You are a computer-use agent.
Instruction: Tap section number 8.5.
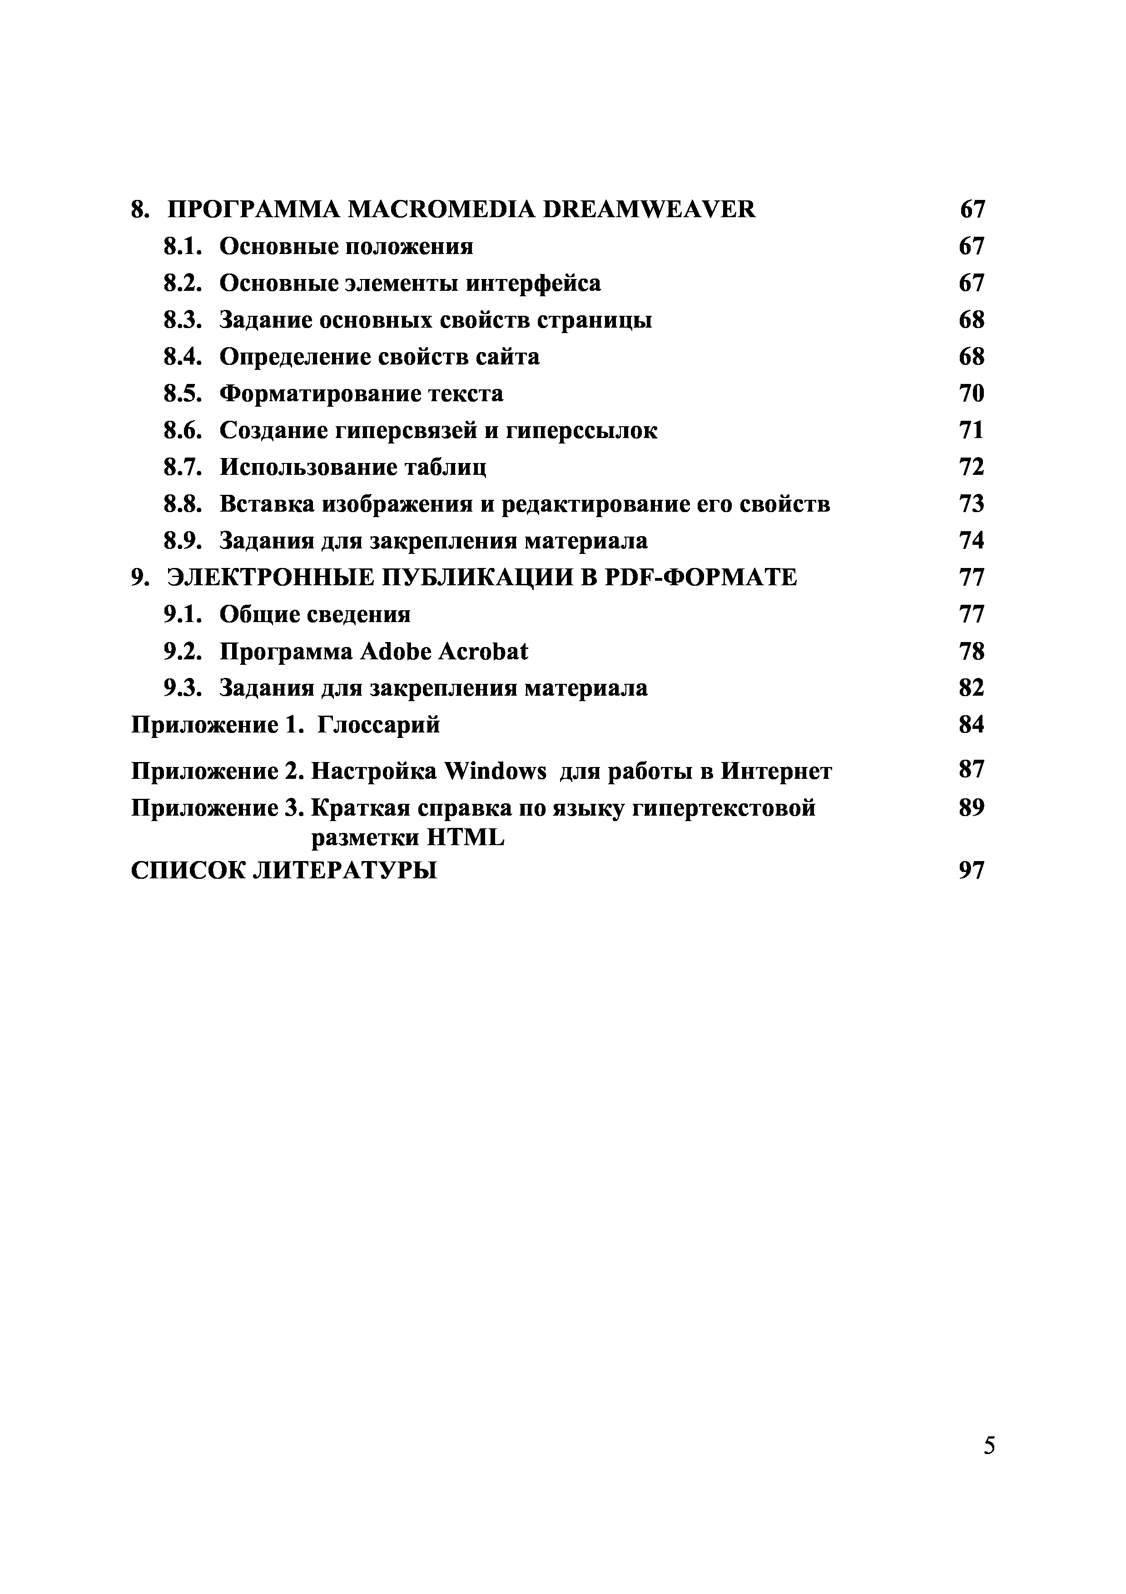(183, 394)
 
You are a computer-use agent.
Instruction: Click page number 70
(971, 394)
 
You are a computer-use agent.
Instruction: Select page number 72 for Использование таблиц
(971, 467)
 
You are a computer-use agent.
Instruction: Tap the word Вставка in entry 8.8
(267, 504)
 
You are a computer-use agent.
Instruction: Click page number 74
(971, 541)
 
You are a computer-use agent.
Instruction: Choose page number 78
(971, 651)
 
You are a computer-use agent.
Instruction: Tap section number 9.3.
(183, 688)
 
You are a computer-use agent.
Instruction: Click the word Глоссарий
(379, 725)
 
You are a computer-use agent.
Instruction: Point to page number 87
(971, 769)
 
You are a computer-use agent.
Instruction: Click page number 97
(971, 870)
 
